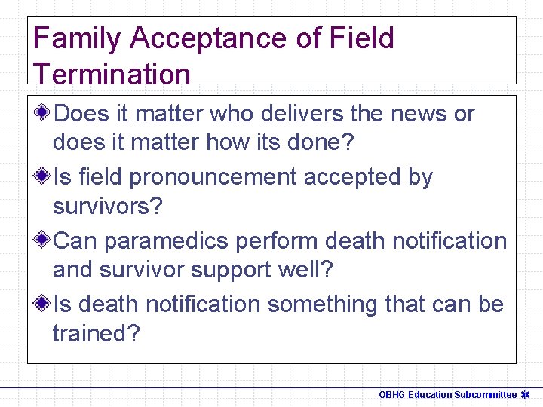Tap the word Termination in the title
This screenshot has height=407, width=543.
pos(112,74)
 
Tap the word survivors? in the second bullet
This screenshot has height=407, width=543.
pos(107,207)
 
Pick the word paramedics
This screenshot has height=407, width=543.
pos(166,241)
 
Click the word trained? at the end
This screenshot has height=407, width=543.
pos(96,333)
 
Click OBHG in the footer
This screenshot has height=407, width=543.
pos(391,395)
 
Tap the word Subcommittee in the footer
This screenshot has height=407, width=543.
pos(485,395)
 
